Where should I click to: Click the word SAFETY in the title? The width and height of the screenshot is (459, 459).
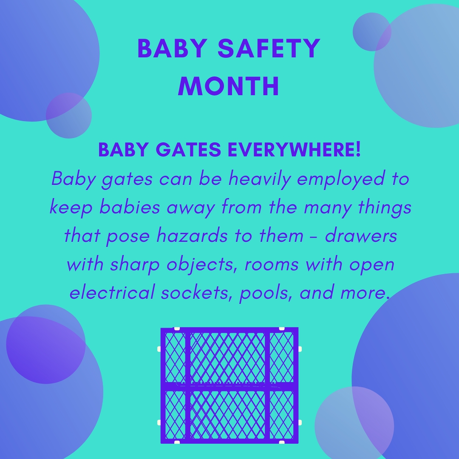point(269,48)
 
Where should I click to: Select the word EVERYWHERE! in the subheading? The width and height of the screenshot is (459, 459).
point(294,149)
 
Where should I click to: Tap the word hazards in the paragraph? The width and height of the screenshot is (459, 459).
point(192,235)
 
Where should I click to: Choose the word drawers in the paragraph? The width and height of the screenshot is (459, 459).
point(361,235)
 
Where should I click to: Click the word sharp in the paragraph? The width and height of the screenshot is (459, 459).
point(135,264)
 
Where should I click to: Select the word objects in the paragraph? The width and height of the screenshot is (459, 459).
point(202,264)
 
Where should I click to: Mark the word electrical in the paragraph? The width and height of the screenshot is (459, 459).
point(112,292)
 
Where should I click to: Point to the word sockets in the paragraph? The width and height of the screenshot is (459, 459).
point(195,292)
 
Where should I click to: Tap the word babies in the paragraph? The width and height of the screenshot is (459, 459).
point(130,207)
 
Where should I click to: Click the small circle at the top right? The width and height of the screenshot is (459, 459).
point(372,32)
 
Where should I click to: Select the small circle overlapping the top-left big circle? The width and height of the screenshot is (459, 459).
point(69,116)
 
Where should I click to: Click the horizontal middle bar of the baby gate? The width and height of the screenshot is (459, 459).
point(229,386)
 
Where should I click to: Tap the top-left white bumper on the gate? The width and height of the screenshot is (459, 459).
point(177,329)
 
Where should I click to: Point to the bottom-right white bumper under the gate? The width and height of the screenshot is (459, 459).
point(282,442)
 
